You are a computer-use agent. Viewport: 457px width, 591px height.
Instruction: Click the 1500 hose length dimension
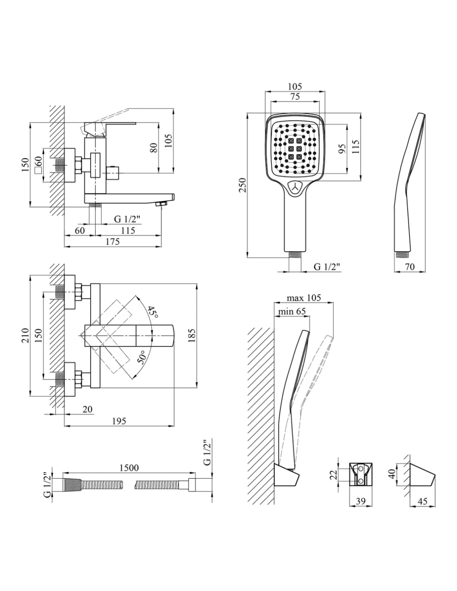129,468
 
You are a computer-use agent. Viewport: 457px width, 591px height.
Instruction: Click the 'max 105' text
304,298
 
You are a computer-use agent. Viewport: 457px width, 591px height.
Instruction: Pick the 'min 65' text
292,311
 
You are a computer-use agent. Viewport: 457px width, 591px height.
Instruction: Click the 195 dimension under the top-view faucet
119,421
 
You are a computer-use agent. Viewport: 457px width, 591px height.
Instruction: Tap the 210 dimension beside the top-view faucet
25,336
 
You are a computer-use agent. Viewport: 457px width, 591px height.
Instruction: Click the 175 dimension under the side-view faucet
112,241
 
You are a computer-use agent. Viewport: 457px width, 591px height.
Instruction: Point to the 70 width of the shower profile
410,267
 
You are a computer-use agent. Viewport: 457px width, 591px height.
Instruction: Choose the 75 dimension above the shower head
295,96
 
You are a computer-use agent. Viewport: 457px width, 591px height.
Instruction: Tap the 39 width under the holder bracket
361,501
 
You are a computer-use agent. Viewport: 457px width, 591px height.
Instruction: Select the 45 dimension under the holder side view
422,501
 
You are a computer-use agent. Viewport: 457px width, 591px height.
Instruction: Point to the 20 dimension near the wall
87,409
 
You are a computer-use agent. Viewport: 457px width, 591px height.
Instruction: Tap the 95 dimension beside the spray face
342,149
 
